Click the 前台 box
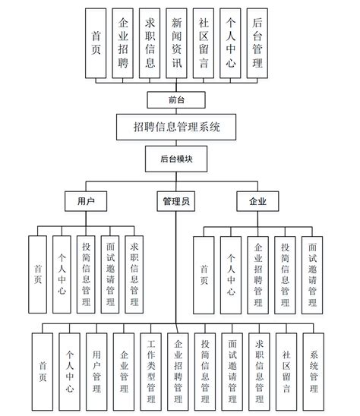(x=176, y=99)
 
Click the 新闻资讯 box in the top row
(x=177, y=43)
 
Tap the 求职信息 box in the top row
(x=150, y=43)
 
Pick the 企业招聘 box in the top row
(x=123, y=43)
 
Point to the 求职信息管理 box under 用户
(x=134, y=273)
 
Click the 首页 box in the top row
(x=96, y=43)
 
